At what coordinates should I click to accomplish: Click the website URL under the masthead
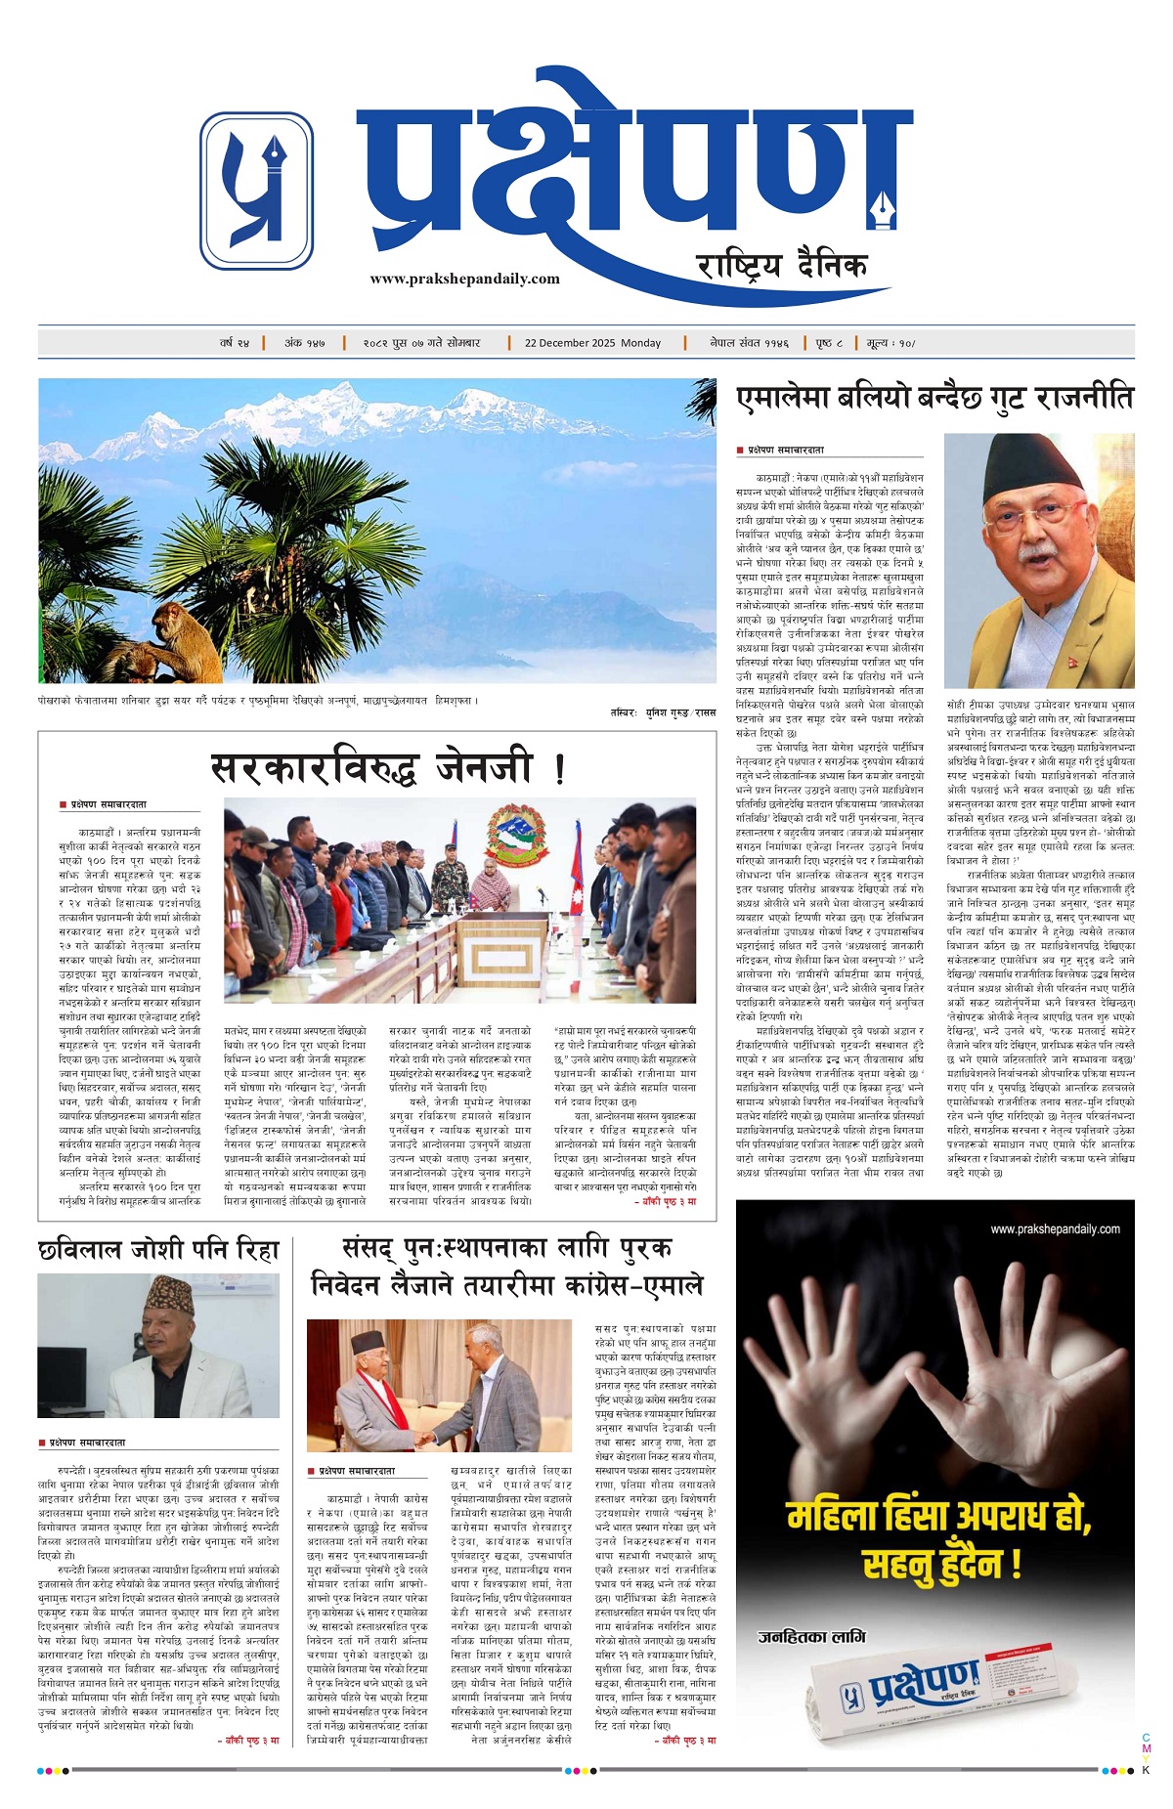click(464, 279)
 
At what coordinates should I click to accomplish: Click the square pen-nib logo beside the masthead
click(256, 190)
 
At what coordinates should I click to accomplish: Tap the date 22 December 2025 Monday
click(592, 343)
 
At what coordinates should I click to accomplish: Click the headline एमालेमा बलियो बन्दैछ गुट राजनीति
click(934, 399)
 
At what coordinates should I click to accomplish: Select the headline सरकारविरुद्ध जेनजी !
click(387, 767)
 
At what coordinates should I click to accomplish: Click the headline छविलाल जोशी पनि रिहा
click(159, 1249)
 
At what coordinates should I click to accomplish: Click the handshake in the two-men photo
click(424, 1438)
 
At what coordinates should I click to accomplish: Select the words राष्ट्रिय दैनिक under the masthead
click(782, 265)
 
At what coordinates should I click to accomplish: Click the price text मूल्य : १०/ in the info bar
click(891, 343)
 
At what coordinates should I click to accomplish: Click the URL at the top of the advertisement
click(1055, 1228)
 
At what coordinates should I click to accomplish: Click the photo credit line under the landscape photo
click(667, 713)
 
